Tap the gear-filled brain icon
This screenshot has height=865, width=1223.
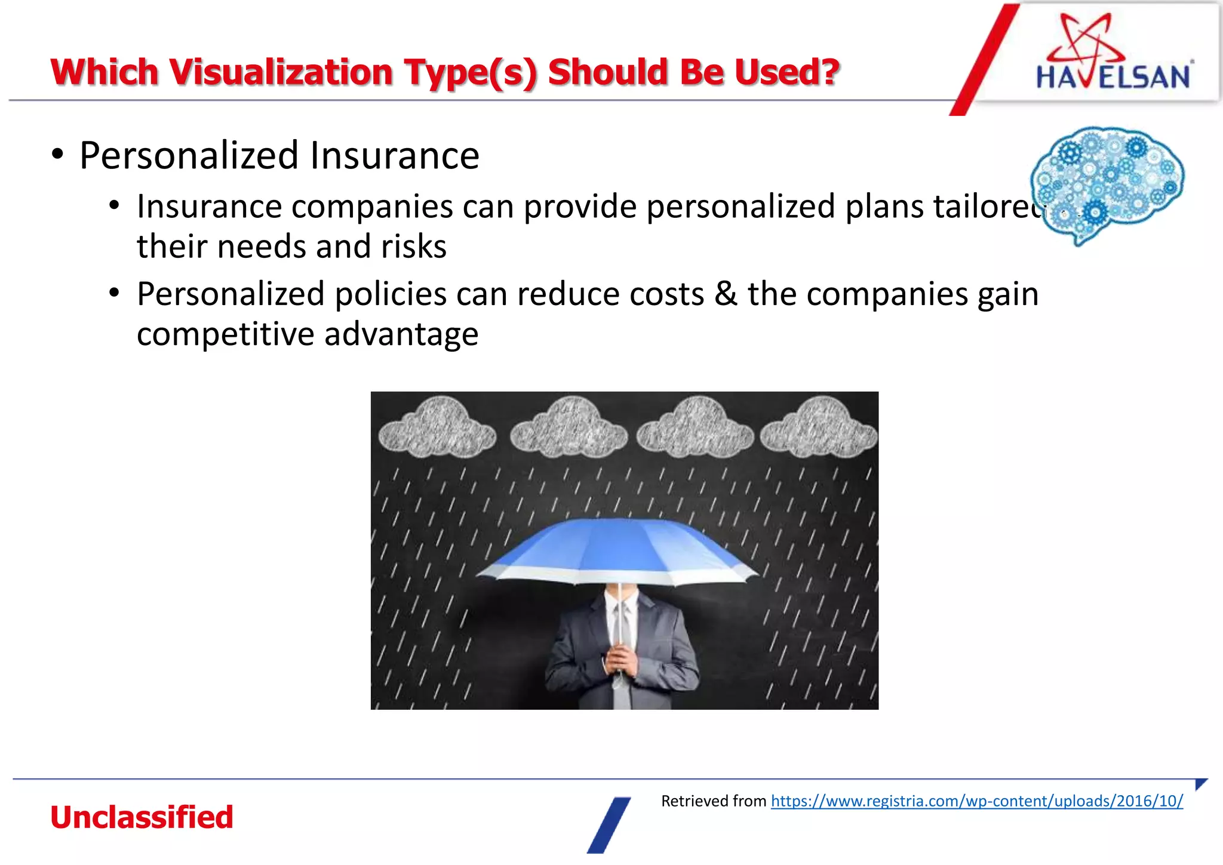[1108, 182]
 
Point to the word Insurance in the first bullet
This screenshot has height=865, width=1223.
[394, 156]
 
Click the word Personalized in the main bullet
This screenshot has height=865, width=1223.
[189, 156]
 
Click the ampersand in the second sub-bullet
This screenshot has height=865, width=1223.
[726, 294]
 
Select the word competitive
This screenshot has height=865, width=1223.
[225, 334]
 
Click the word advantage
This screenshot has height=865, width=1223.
[401, 334]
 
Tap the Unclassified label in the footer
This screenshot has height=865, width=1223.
[142, 817]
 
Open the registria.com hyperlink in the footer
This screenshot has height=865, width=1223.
[976, 801]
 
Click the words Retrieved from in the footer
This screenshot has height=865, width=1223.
[713, 801]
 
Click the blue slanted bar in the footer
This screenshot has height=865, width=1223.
[609, 825]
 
